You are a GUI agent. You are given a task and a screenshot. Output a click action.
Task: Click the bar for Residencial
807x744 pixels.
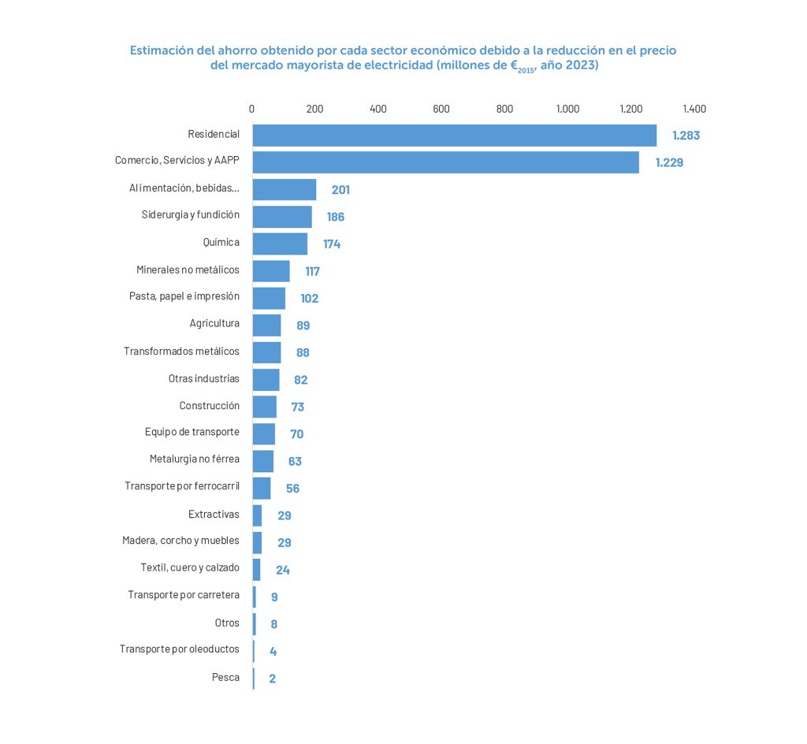coord(454,135)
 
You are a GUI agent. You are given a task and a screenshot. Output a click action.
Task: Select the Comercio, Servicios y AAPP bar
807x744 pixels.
coord(445,162)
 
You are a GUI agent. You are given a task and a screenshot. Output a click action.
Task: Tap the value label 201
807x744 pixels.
coord(340,190)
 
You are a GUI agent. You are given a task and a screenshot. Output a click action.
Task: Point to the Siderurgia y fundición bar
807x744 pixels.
coord(282,217)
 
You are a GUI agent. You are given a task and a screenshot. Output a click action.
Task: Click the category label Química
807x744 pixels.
coord(221,242)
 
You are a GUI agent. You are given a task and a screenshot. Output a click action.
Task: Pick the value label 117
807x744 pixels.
coord(312,271)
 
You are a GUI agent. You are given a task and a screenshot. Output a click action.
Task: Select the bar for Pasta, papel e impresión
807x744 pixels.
coord(269,298)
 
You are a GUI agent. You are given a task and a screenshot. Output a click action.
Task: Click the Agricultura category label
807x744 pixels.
coord(214,323)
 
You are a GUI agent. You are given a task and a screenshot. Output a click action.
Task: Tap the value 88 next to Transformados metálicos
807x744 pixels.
coord(303,352)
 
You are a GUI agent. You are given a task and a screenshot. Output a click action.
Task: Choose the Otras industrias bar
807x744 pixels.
coord(266,380)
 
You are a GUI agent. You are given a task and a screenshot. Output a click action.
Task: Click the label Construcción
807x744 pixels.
coord(209,405)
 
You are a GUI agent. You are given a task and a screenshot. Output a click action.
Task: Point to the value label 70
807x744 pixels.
coord(296,434)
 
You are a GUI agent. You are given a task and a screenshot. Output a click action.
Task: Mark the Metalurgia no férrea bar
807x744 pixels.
coord(262,461)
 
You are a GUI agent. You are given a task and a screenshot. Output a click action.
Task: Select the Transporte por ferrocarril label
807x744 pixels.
coord(182,485)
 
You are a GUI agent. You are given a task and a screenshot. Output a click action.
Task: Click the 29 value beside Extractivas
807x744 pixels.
coord(284,515)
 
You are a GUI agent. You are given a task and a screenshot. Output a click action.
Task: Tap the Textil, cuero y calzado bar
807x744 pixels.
coord(256,570)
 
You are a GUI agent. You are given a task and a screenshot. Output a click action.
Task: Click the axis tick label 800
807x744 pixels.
coord(504,109)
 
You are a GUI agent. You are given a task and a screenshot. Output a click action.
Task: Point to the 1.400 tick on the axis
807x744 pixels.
coord(694,109)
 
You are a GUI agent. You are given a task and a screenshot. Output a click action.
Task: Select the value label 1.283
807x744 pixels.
coord(686,136)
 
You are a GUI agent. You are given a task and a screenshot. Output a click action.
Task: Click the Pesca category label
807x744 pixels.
coord(225,677)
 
